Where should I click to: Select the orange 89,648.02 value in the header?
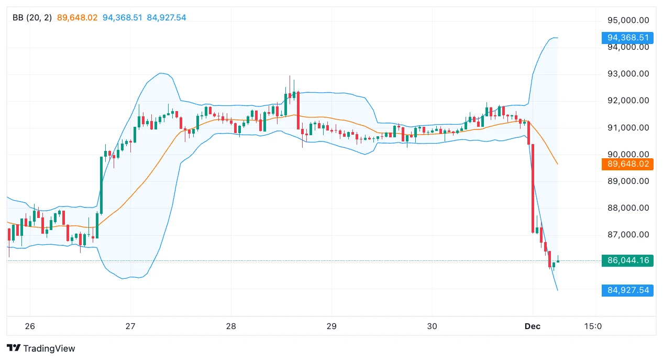point(77,18)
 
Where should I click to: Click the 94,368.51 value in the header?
point(122,18)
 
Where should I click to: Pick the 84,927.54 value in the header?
point(167,18)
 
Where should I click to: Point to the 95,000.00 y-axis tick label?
point(628,20)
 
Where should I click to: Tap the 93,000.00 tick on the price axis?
point(628,74)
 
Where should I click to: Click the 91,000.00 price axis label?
point(628,128)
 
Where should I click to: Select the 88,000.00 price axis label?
point(628,208)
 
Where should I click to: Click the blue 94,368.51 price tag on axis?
point(628,38)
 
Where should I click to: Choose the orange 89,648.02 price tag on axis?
point(628,164)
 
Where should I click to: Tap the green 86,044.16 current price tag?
point(628,260)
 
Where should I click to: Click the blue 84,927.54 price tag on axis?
point(628,290)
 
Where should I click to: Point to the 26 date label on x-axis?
point(30,326)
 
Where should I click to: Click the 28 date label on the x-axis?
point(231,326)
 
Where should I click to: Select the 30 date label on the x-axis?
point(432,326)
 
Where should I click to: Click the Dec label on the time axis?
point(532,326)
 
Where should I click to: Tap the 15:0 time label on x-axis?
point(593,326)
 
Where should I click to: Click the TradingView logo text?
point(49,348)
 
